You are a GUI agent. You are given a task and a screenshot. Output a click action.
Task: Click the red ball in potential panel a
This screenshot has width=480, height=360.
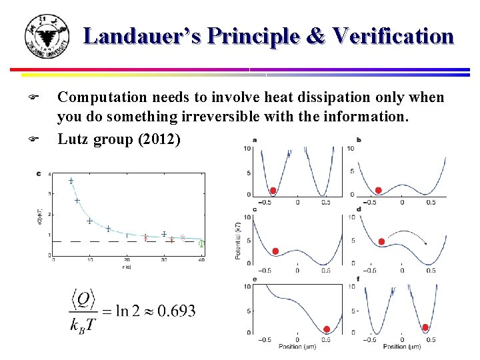pyautogui.click(x=273, y=191)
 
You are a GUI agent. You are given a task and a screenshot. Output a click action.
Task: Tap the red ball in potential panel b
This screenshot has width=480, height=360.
pyautogui.click(x=378, y=191)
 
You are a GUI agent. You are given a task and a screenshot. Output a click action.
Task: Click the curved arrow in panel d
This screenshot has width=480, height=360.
pyautogui.click(x=409, y=233)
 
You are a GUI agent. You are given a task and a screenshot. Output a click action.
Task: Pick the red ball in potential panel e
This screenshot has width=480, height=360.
pyautogui.click(x=327, y=329)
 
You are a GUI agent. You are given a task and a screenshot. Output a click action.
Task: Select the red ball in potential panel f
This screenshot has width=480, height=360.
pyautogui.click(x=425, y=327)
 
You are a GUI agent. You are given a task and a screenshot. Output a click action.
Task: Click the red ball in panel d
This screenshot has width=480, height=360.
pyautogui.click(x=381, y=241)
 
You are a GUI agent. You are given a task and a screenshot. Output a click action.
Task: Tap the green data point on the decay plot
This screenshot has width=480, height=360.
pyautogui.click(x=202, y=244)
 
